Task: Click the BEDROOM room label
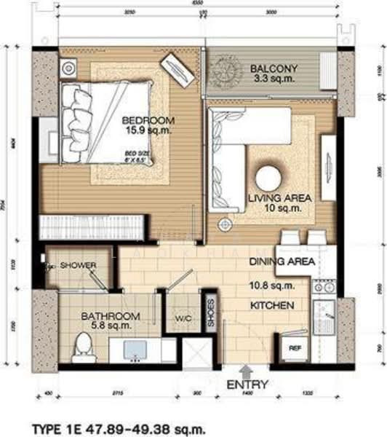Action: tap(148, 119)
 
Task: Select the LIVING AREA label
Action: tap(279, 197)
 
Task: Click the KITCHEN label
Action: tap(272, 306)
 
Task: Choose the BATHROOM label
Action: tap(110, 316)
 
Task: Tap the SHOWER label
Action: tap(78, 265)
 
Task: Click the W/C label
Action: tap(183, 318)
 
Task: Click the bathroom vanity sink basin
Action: tap(135, 350)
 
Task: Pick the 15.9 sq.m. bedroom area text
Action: tap(148, 131)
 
